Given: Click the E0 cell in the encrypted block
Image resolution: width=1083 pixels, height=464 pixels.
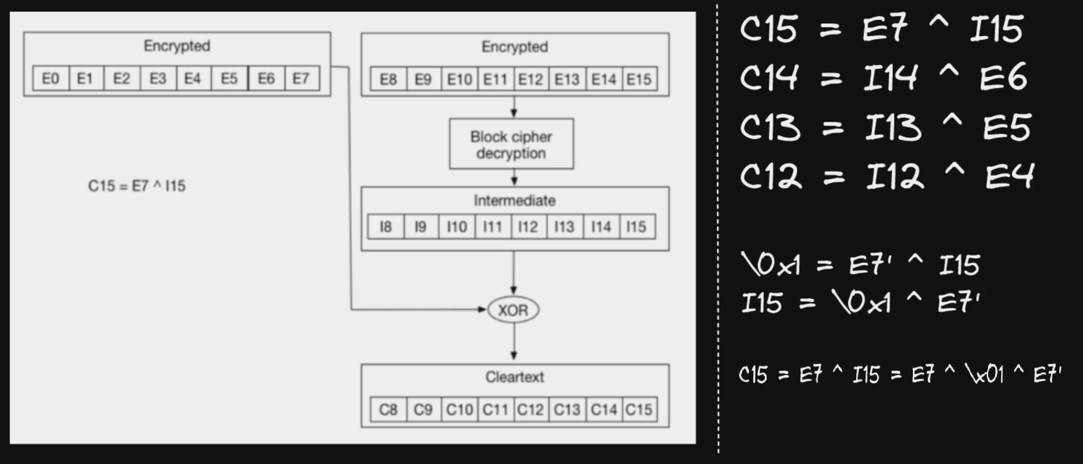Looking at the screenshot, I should pyautogui.click(x=51, y=78).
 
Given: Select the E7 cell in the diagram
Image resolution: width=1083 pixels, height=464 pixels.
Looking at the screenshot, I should pyautogui.click(x=301, y=78).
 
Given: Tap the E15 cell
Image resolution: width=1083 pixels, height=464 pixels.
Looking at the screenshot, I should pyautogui.click(x=639, y=79).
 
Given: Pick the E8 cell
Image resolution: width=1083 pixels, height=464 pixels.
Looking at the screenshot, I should pyautogui.click(x=388, y=79).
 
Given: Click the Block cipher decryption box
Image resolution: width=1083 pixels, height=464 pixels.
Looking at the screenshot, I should pyautogui.click(x=511, y=144).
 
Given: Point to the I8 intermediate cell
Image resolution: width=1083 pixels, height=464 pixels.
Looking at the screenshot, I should pyautogui.click(x=385, y=227).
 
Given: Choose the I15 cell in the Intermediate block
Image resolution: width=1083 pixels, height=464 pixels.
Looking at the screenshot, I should pyautogui.click(x=637, y=227).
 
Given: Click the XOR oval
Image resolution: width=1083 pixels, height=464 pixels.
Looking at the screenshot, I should pyautogui.click(x=513, y=310).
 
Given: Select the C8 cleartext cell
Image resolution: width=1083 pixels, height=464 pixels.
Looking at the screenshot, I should pyautogui.click(x=388, y=410).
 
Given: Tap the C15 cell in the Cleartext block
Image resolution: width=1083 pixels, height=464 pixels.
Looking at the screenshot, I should pyautogui.click(x=639, y=410).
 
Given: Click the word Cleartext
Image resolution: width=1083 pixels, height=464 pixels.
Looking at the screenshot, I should pyautogui.click(x=514, y=377).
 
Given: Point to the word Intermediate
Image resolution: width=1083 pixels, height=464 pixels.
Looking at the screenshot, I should pyautogui.click(x=514, y=200).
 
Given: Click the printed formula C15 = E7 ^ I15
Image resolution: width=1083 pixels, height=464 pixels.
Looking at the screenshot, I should pyautogui.click(x=137, y=186).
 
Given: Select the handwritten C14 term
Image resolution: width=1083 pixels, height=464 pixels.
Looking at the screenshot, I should pyautogui.click(x=769, y=77).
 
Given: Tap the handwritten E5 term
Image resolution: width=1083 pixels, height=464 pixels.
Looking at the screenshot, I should pyautogui.click(x=1007, y=127).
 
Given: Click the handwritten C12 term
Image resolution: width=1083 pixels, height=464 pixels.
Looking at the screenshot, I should pyautogui.click(x=771, y=177).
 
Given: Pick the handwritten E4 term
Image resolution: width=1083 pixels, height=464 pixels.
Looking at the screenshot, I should pyautogui.click(x=1009, y=176).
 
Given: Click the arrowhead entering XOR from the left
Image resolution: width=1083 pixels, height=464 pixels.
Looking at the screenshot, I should pyautogui.click(x=482, y=310).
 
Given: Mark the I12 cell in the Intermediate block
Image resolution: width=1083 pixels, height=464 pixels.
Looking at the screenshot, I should pyautogui.click(x=528, y=227).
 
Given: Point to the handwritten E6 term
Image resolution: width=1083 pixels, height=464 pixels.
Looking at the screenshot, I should pyautogui.click(x=1003, y=77).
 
